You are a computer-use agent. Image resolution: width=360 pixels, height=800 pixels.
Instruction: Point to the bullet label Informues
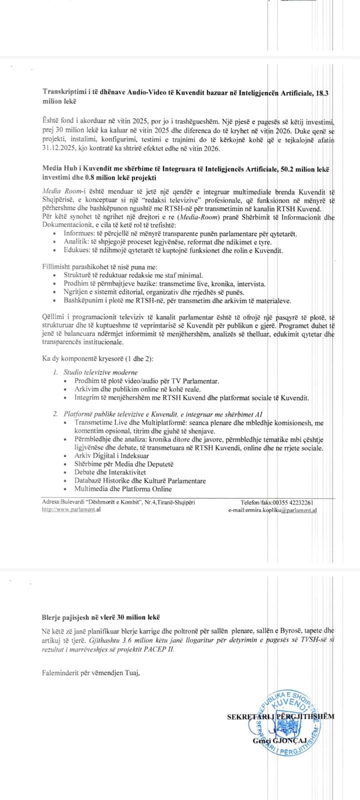click(x=77, y=234)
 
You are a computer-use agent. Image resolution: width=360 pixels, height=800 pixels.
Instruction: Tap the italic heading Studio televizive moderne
click(x=100, y=372)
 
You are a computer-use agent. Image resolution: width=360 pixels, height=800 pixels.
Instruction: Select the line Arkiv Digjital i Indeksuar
click(x=112, y=456)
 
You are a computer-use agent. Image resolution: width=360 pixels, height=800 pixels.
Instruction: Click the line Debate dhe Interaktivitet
click(x=110, y=472)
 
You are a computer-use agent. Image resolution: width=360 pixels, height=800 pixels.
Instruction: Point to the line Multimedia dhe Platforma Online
click(x=123, y=489)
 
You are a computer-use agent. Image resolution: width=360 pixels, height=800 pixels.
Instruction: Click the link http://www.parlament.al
click(x=71, y=510)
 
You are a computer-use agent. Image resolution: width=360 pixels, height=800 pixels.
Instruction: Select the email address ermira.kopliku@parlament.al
click(x=272, y=510)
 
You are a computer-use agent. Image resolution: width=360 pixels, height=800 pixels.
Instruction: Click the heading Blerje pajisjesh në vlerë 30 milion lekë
click(x=101, y=618)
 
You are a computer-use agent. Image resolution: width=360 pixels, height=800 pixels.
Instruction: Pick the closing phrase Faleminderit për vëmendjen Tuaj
click(x=90, y=673)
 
